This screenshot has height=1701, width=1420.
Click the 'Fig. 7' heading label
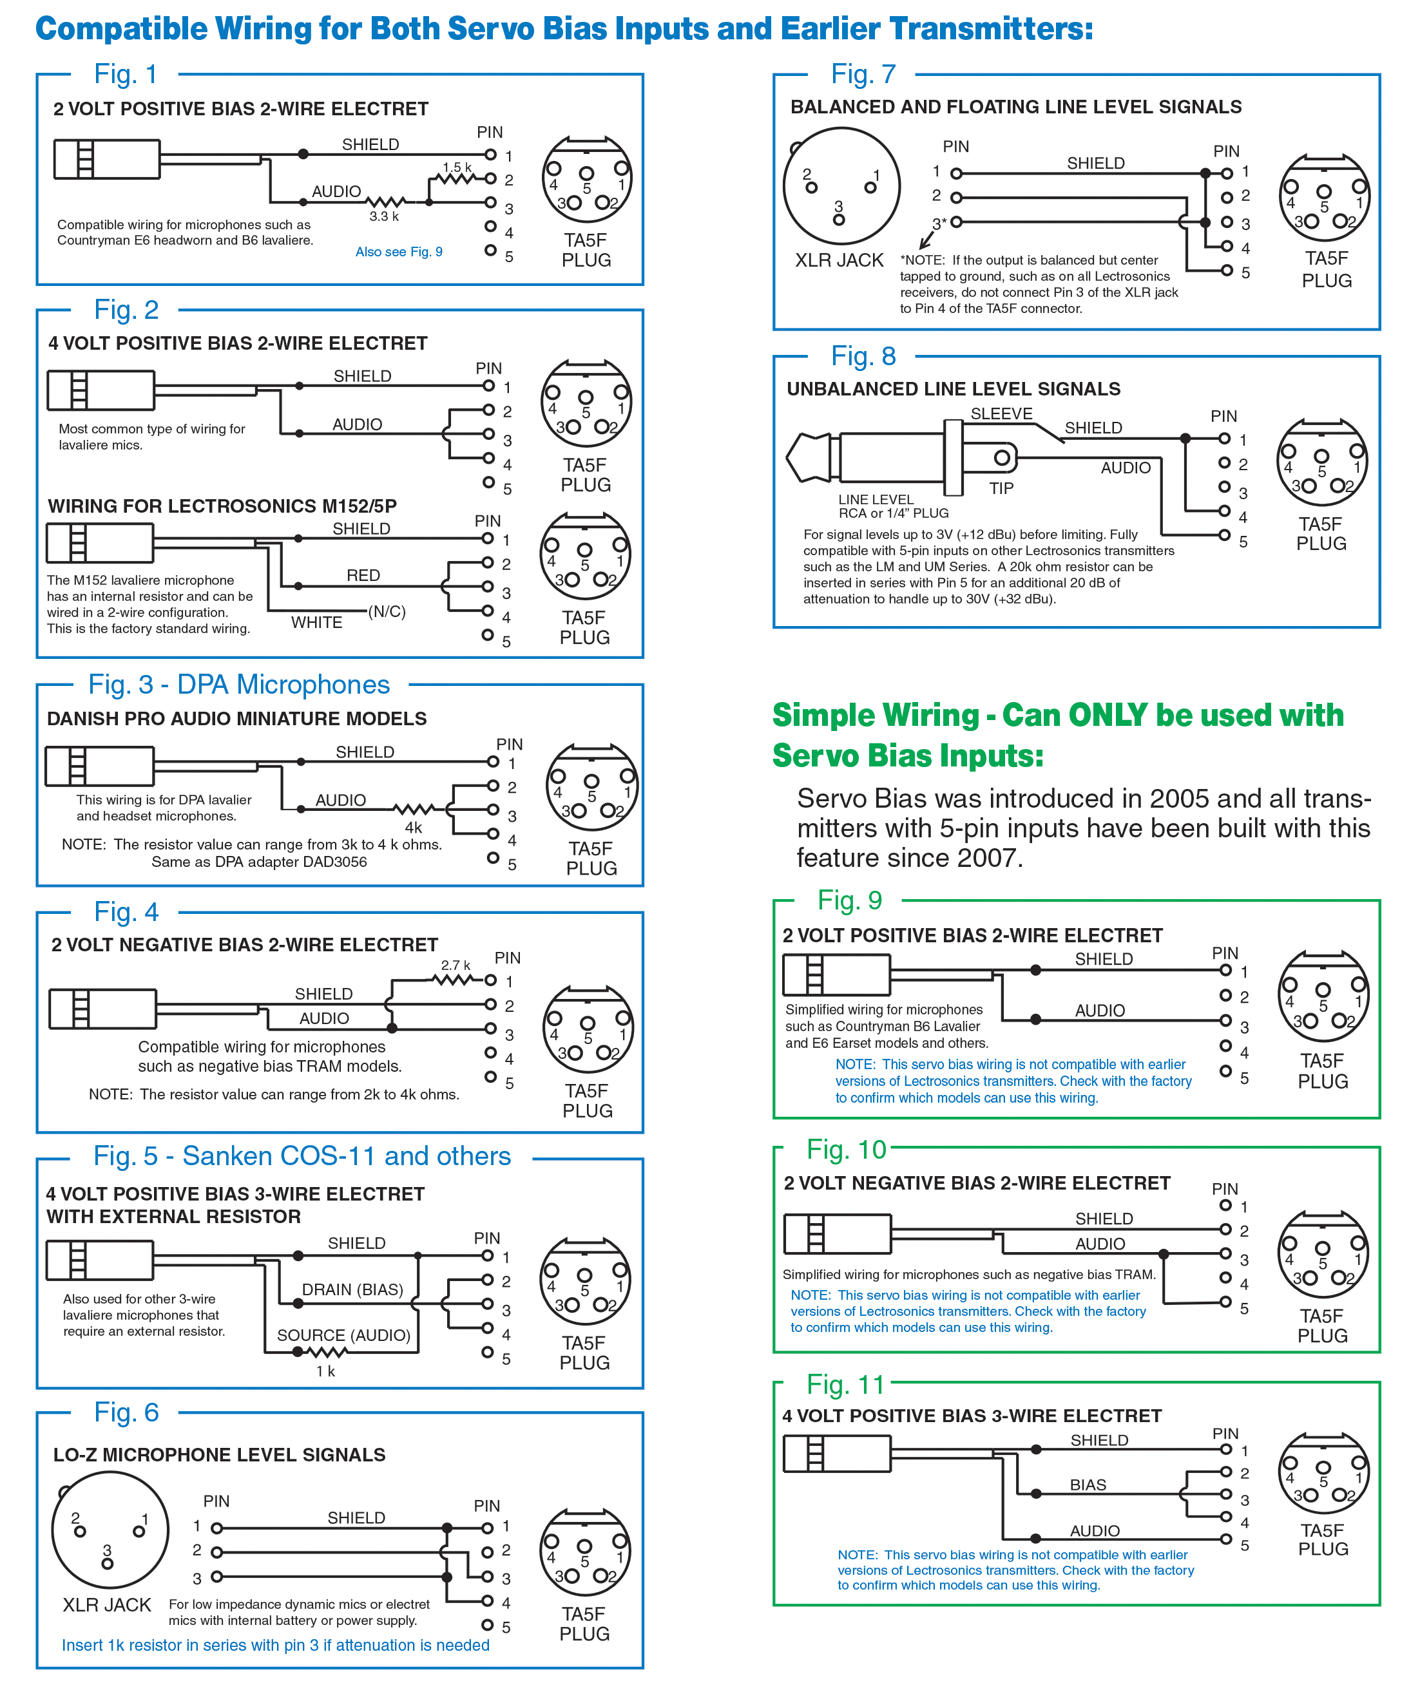pos(863,75)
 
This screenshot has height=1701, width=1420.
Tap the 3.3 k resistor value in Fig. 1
pos(384,216)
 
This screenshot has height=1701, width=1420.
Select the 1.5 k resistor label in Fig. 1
pos(456,167)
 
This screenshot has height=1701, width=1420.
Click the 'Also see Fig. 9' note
pos(399,252)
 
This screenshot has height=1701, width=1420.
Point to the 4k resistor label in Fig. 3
pos(413,828)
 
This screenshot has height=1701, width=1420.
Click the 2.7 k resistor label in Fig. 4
pos(456,965)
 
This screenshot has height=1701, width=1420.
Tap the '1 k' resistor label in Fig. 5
pos(325,1371)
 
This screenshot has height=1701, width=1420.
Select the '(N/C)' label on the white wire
pos(387,612)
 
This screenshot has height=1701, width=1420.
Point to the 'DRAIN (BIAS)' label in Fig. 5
pos(352,1289)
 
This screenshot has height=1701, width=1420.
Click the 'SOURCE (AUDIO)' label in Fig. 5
pos(343,1336)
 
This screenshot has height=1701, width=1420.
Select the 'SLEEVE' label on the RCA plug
pos(1001,414)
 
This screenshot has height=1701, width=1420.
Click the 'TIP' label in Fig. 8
pos(1001,488)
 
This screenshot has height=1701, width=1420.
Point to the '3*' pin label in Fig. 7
pos(939,223)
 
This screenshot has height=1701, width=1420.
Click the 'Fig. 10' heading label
pos(846,1150)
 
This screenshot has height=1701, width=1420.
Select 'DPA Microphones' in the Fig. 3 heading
pos(283,685)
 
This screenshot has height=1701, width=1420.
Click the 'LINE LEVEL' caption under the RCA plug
pos(876,500)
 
